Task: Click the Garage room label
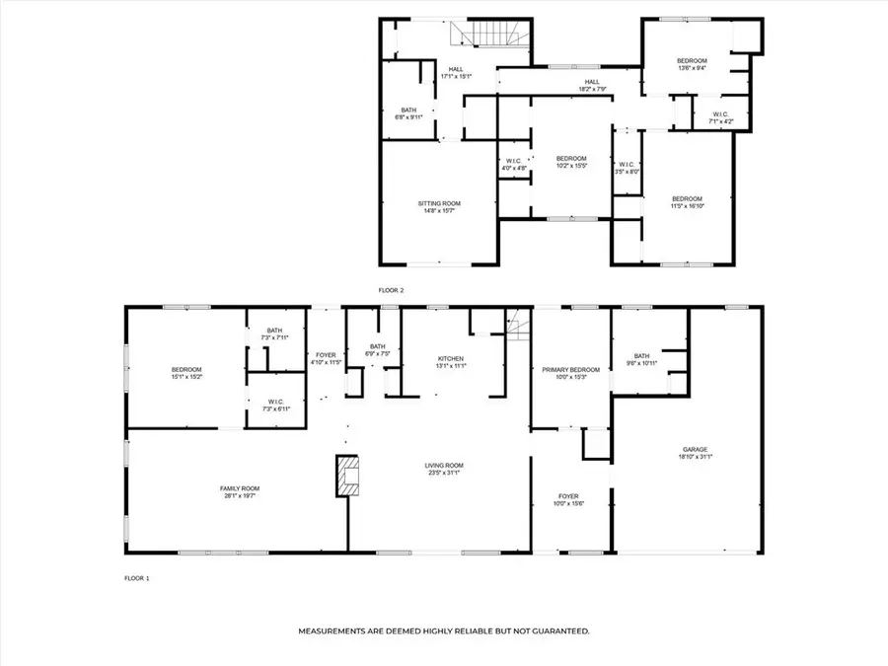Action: pos(694,450)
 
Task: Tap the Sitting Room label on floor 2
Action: pos(439,203)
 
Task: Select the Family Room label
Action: pos(240,487)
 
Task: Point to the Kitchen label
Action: pos(451,358)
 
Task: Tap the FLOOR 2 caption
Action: pos(392,290)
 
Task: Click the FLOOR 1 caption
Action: pos(136,577)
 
